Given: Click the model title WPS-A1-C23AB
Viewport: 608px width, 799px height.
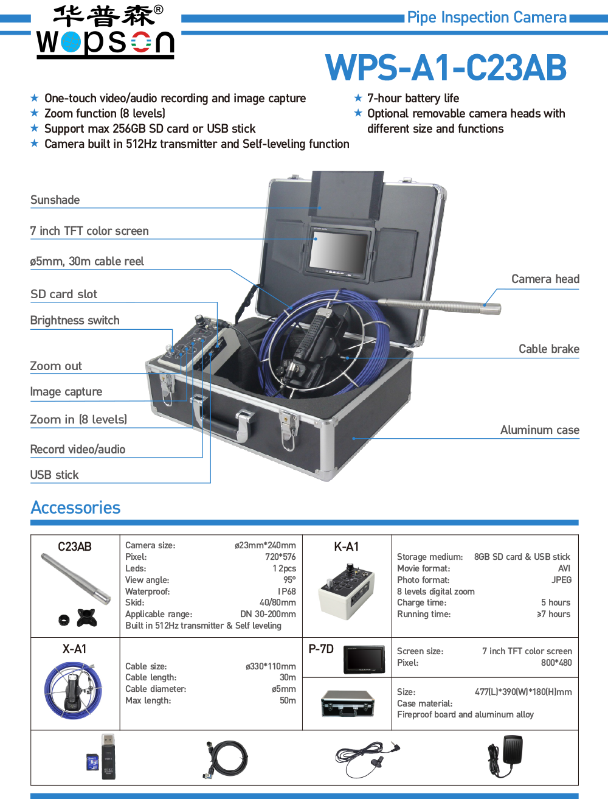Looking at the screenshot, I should pyautogui.click(x=446, y=68).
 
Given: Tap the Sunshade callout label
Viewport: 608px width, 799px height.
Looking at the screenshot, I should pyautogui.click(x=55, y=200).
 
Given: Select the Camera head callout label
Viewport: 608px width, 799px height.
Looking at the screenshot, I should pyautogui.click(x=545, y=279).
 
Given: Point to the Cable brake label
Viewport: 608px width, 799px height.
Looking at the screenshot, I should pyautogui.click(x=548, y=349).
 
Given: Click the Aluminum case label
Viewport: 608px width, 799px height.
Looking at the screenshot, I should pyautogui.click(x=539, y=430).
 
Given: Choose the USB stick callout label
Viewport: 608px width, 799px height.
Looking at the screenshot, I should pyautogui.click(x=55, y=475).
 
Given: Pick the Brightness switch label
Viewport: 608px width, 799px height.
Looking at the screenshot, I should pyautogui.click(x=75, y=321).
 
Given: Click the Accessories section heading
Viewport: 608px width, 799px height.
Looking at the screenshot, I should pyautogui.click(x=75, y=508).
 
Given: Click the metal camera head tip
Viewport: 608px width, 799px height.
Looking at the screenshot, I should pyautogui.click(x=492, y=307).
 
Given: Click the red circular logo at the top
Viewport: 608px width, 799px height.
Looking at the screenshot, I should pyautogui.click(x=141, y=42).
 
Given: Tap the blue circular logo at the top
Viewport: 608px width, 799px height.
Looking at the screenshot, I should pyautogui.click(x=71, y=42).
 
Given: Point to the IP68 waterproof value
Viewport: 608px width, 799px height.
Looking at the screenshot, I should pyautogui.click(x=286, y=591).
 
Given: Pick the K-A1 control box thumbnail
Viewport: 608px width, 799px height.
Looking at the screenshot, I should pyautogui.click(x=346, y=591).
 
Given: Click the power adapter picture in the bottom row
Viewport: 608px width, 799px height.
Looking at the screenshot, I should pyautogui.click(x=505, y=756).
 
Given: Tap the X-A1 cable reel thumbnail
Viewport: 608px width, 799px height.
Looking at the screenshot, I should pyautogui.click(x=74, y=691).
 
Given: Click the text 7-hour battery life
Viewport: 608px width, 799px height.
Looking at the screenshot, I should pyautogui.click(x=413, y=99).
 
